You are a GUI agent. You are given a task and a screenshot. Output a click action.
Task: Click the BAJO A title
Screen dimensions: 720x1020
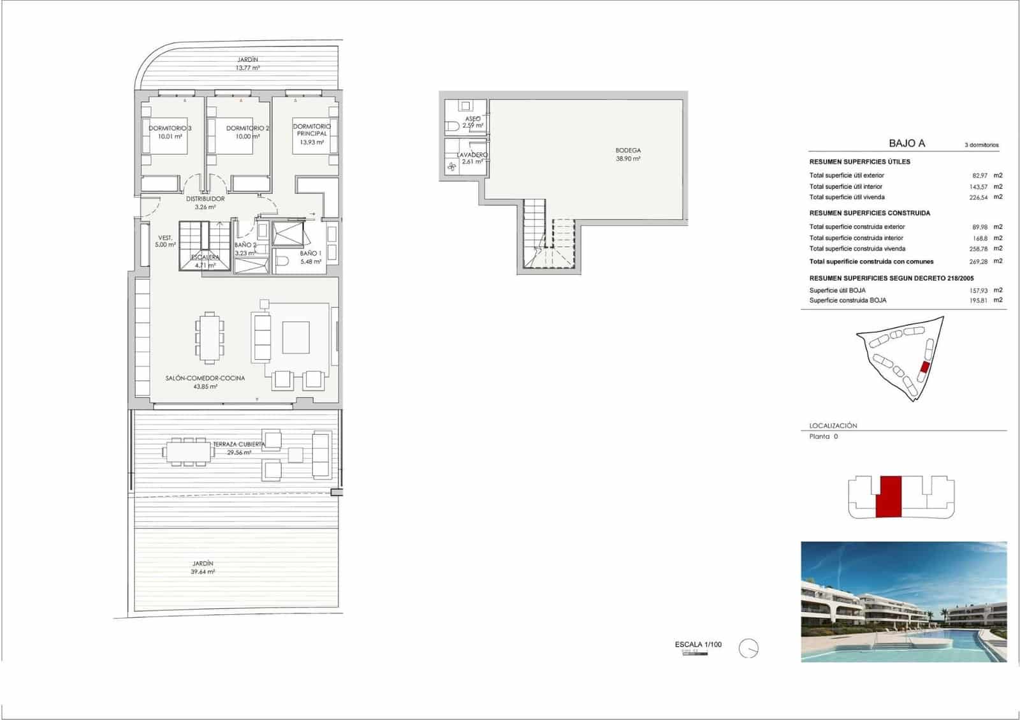[x=907, y=143]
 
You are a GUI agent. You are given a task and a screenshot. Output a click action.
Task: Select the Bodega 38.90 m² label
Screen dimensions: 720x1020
[x=628, y=154]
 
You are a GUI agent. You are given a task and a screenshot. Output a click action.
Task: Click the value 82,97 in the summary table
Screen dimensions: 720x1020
[x=978, y=175]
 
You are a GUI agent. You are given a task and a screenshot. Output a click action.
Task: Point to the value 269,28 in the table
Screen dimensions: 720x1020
[x=978, y=261]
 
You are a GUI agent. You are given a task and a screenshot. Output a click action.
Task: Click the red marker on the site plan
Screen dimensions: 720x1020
[x=925, y=367]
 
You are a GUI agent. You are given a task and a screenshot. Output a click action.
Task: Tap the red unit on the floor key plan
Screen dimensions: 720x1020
[x=889, y=496]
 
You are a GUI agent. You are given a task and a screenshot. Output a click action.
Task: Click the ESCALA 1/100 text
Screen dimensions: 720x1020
[x=698, y=644]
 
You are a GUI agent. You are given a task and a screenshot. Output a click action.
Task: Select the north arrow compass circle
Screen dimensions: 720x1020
[x=748, y=649]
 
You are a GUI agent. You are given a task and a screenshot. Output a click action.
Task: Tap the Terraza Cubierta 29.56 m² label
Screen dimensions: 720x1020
[x=239, y=448]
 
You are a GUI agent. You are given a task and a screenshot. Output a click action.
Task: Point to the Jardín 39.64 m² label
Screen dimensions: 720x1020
[x=203, y=568]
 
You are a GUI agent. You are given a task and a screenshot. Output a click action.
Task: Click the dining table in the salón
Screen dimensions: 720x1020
[x=209, y=336]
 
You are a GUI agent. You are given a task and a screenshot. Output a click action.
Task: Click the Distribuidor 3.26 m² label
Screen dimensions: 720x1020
[x=205, y=203]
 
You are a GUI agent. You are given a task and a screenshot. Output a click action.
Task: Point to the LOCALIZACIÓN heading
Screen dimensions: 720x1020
[x=833, y=425]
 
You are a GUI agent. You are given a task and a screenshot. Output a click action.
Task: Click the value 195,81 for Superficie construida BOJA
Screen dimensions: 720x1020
[x=978, y=300]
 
